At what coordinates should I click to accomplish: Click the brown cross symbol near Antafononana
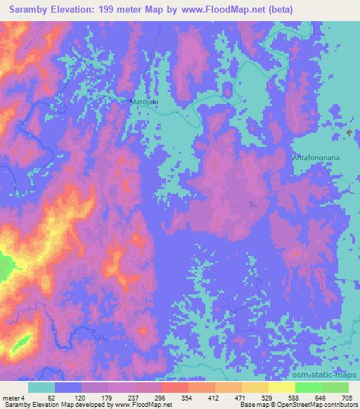pos(350,132)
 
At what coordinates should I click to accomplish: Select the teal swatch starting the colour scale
pos(41,387)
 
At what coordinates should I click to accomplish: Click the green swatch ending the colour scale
pos(335,387)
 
